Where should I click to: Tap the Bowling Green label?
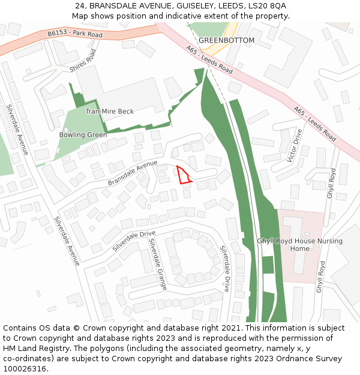(x=83, y=135)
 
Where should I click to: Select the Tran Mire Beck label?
(x=109, y=112)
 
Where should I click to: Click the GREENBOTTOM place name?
(x=226, y=40)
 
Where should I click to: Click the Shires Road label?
(x=82, y=61)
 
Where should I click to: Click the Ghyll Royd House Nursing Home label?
(x=299, y=245)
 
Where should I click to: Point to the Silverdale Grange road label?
(x=157, y=264)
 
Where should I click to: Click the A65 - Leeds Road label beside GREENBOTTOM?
(x=209, y=60)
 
